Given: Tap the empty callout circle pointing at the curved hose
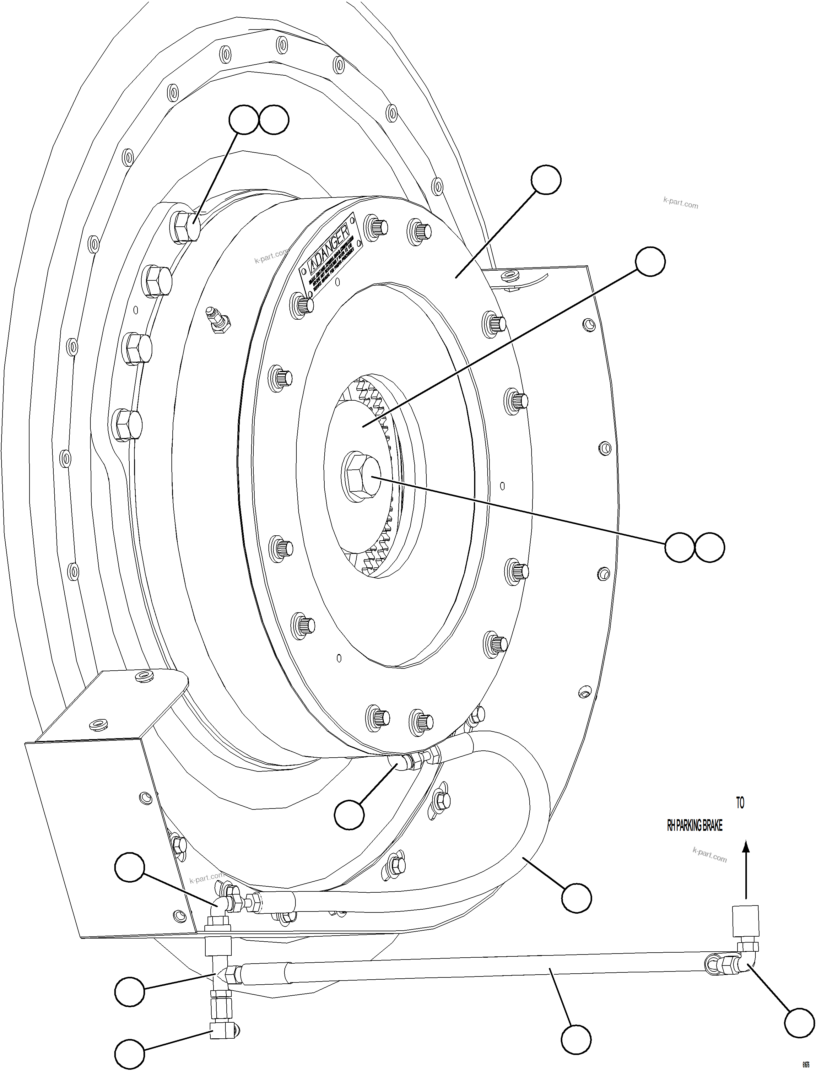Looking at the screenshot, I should pos(576,898).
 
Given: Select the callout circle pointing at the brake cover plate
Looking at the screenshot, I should pos(546,180).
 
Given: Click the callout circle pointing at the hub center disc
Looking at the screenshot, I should pos(650,262).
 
